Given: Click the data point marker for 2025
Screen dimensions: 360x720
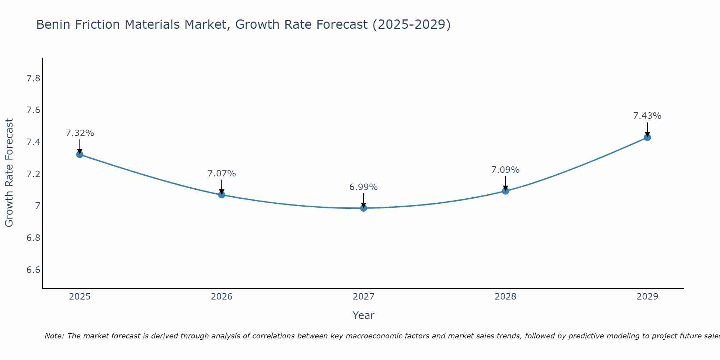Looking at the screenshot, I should point(80,154).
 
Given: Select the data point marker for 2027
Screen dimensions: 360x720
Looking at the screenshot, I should point(364,208).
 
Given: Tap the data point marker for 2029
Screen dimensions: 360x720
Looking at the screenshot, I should point(647,137).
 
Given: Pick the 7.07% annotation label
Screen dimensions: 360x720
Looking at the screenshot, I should point(222,174).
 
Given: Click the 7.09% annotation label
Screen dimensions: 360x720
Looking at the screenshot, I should point(505,170).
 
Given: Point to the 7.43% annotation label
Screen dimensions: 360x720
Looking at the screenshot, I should point(647,116).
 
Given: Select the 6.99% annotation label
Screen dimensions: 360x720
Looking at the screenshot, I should point(364,187).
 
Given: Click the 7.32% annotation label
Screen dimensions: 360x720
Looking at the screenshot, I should point(80,133).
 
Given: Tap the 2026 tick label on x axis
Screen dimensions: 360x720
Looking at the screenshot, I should point(222,297).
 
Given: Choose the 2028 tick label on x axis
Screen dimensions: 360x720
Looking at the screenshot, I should point(505,297).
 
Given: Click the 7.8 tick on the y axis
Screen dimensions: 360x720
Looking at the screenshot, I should point(33,78).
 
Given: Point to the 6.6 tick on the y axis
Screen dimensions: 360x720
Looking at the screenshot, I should point(33,270).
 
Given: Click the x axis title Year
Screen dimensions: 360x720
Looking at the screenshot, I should point(364,315).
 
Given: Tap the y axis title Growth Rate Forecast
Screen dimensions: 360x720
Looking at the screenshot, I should point(9,173).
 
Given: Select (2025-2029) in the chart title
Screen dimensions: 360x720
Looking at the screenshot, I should point(411,24).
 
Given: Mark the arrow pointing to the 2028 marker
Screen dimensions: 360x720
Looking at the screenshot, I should point(505,183).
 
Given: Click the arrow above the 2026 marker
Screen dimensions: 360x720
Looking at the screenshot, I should point(222,186).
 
